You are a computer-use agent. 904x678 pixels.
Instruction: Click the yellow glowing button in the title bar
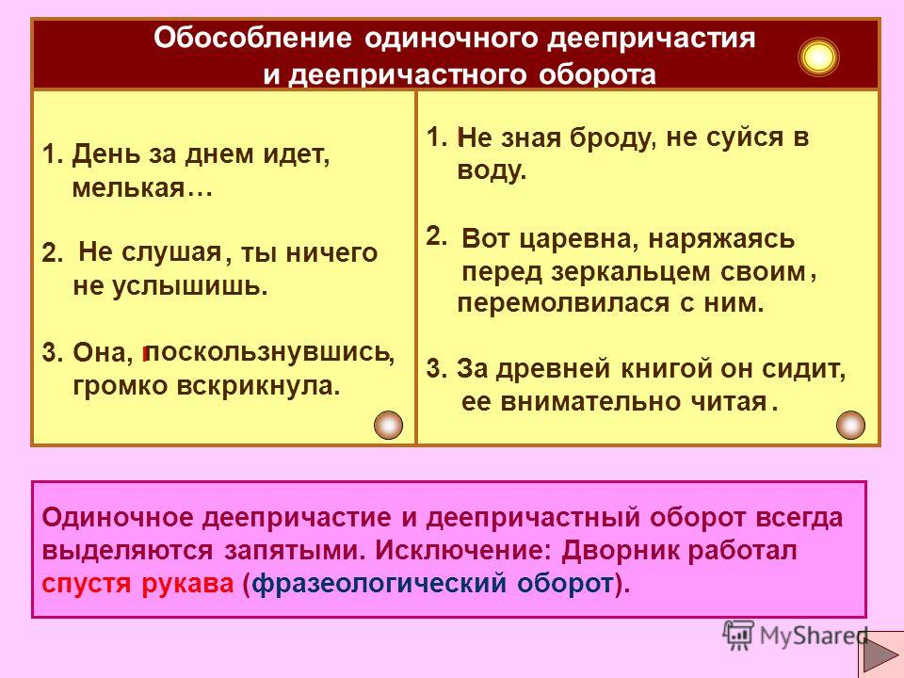tap(818, 56)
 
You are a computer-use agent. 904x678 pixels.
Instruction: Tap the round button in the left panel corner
tap(388, 426)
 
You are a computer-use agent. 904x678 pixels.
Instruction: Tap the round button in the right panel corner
tap(850, 426)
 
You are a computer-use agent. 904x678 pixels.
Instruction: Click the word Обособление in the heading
tap(252, 39)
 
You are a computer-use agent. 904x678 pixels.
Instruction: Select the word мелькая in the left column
tap(128, 188)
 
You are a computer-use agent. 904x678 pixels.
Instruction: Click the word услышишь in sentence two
tap(189, 286)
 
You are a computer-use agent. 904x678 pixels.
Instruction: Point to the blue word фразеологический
tap(379, 585)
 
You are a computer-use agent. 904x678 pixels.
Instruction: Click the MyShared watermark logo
tap(796, 636)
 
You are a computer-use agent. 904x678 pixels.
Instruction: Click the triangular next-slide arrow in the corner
tap(880, 655)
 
